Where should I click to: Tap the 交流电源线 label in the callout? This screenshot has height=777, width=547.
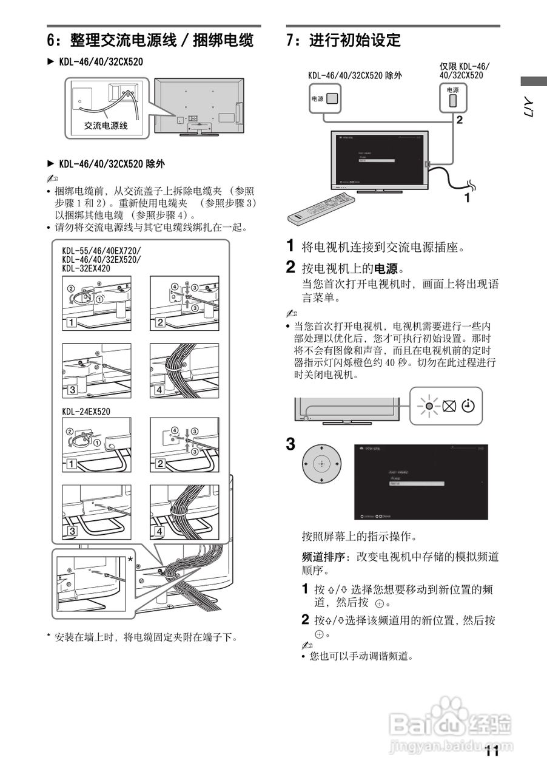point(106,126)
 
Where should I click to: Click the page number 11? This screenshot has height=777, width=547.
point(492,752)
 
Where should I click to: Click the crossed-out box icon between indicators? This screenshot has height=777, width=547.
point(449,406)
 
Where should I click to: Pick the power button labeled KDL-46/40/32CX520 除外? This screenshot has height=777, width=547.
point(332,98)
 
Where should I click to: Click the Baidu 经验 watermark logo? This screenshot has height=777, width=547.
point(449,725)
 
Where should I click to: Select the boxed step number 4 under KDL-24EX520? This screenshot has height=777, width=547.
point(160,531)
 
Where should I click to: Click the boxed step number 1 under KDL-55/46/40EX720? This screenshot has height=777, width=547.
point(72,322)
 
